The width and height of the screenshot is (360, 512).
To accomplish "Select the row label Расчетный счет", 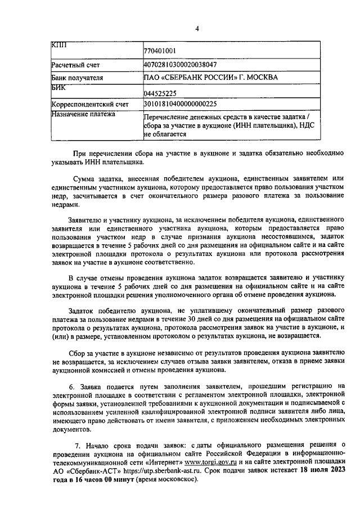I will (x=75, y=65).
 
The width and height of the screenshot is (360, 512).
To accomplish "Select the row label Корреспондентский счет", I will (x=90, y=104).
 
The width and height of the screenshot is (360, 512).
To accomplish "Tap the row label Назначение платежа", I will (x=83, y=114).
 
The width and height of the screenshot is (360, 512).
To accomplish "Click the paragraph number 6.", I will (x=71, y=385).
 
